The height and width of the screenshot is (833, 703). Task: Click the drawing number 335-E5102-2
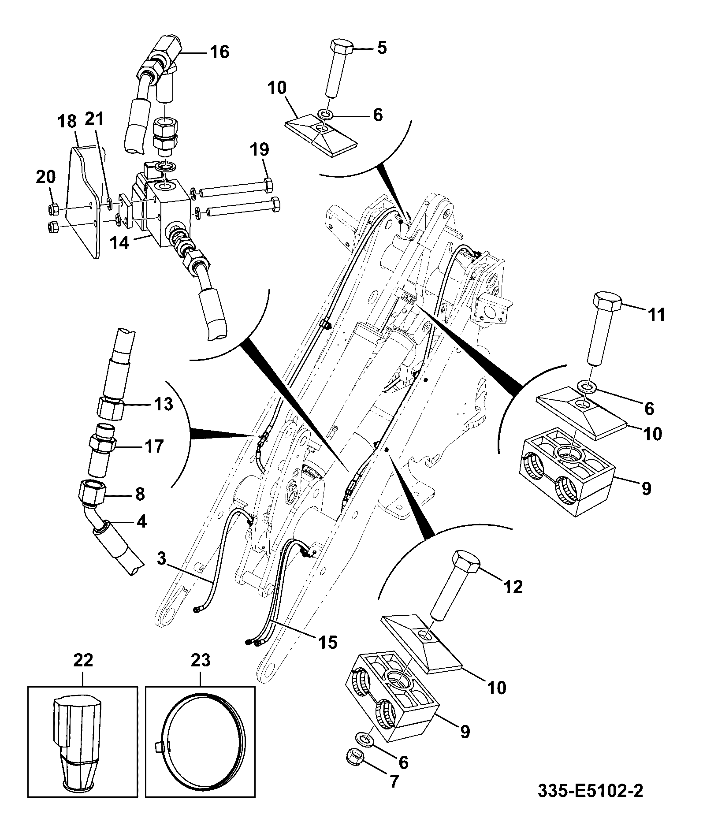click(x=590, y=803)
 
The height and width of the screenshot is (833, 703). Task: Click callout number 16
click(x=219, y=52)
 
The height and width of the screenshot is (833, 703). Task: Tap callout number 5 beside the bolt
click(x=382, y=48)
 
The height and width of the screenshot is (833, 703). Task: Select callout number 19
click(x=260, y=149)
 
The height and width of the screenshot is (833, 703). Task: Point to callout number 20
click(x=46, y=177)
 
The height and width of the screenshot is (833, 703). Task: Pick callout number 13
click(x=163, y=404)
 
